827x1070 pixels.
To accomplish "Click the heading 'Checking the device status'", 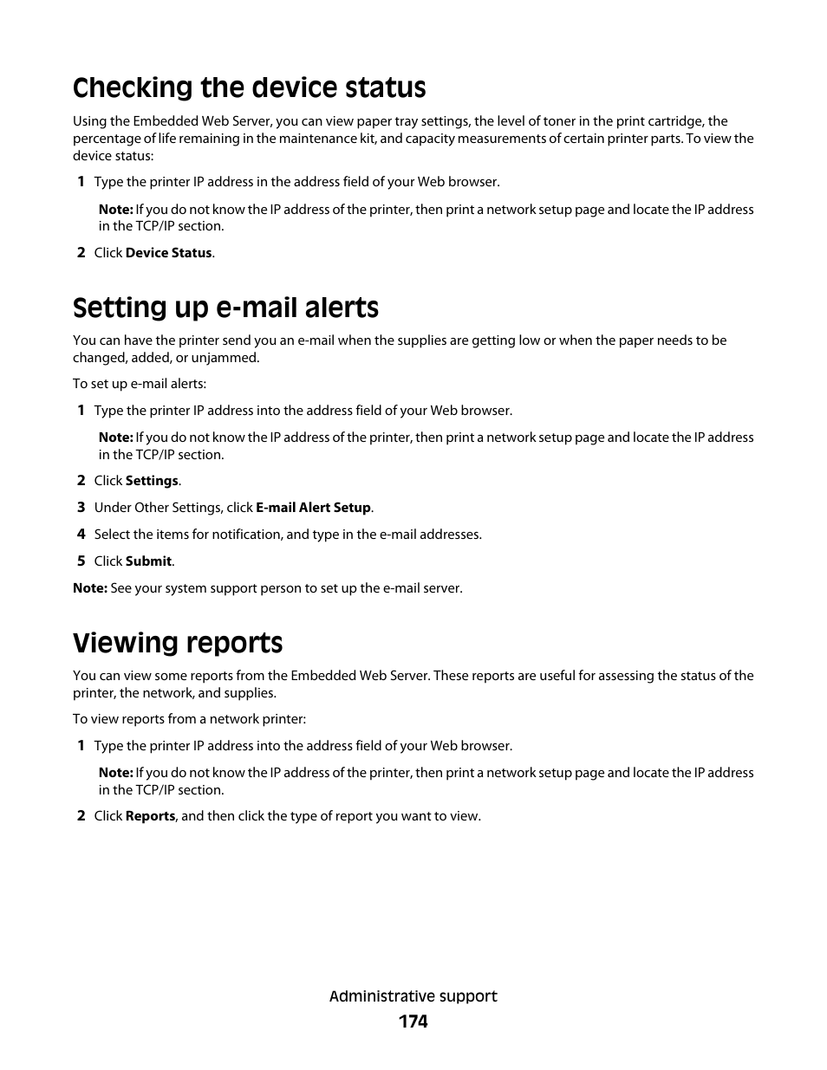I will (x=249, y=88).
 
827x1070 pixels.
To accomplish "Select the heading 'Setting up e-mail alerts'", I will (x=225, y=308).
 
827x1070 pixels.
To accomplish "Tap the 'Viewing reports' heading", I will (x=178, y=643).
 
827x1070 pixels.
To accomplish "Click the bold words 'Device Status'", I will (x=168, y=253).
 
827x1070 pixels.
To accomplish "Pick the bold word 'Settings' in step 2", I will (x=152, y=481).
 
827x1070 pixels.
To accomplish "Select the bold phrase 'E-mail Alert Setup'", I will (x=313, y=508).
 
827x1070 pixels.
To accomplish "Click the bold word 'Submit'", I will (x=148, y=561).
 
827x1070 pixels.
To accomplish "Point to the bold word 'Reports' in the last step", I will (x=150, y=816).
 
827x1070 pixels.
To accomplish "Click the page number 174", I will (x=413, y=1021).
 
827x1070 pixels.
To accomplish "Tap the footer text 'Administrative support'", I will (x=413, y=996).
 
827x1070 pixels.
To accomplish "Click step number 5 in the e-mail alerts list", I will (x=81, y=561).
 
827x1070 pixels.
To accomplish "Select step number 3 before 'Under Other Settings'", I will (x=81, y=508).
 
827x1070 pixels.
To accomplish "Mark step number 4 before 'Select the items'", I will (x=81, y=535).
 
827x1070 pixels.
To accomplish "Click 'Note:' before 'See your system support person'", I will (x=89, y=588).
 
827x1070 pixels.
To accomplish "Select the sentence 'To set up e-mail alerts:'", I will (x=139, y=384).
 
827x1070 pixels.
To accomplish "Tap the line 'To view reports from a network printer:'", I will (x=189, y=719).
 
